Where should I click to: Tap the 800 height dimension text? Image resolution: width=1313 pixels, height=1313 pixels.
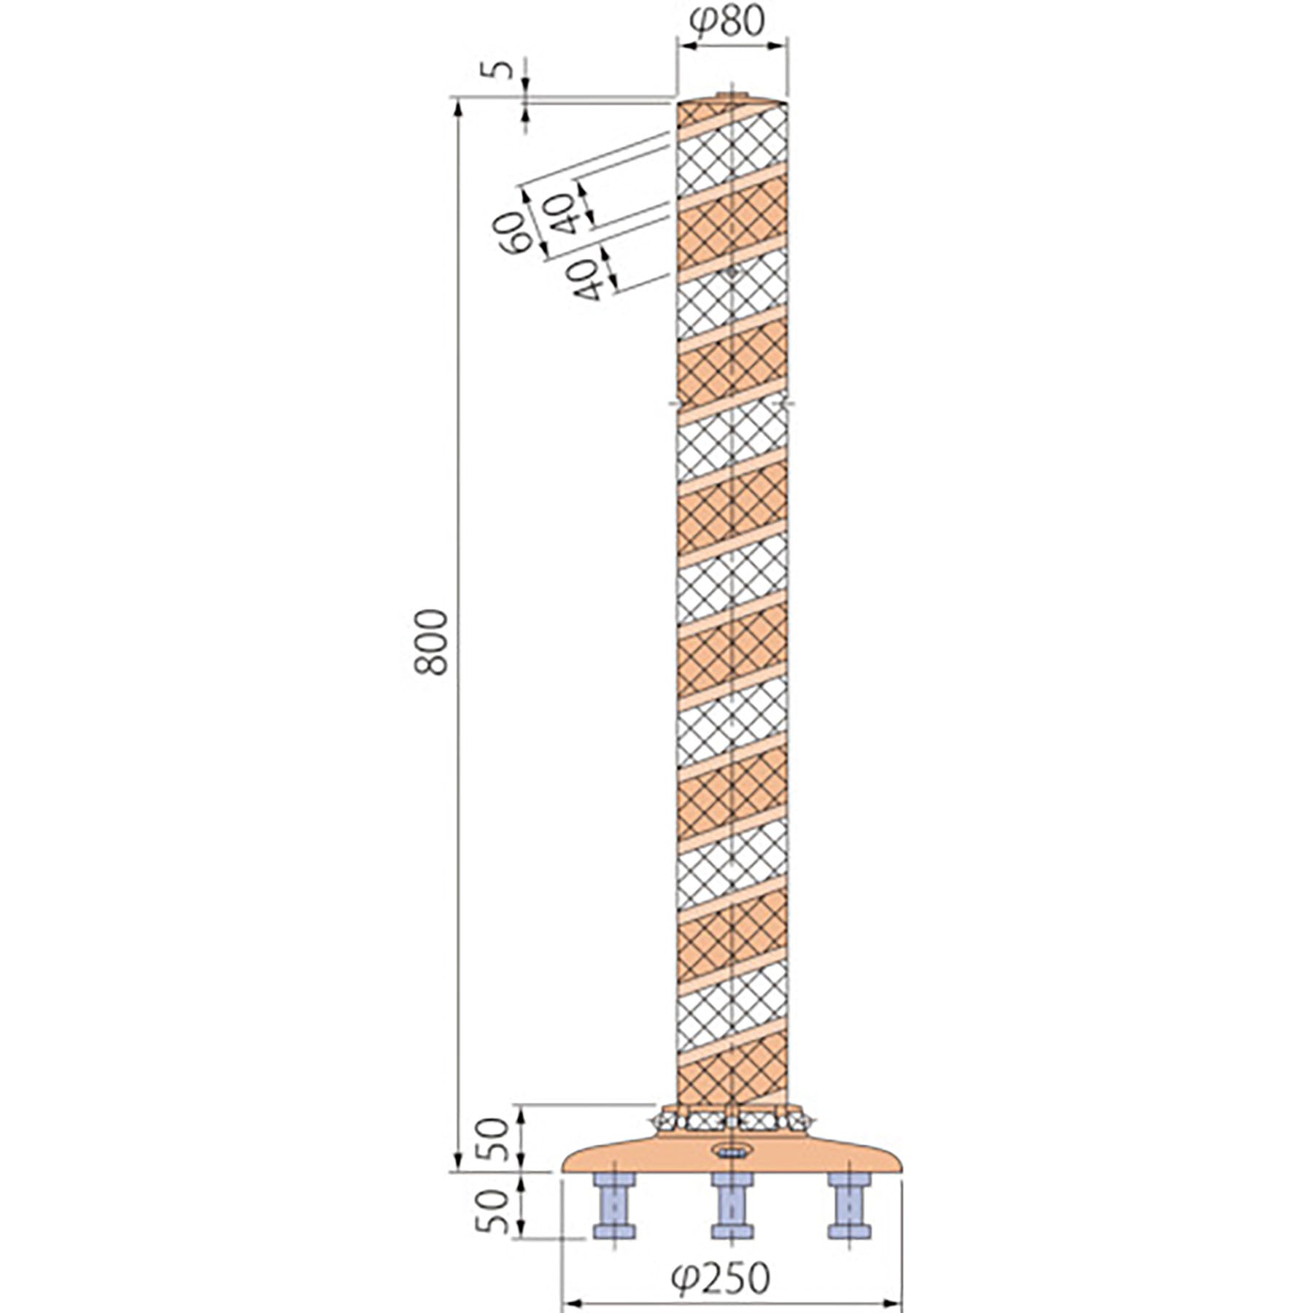click(x=432, y=642)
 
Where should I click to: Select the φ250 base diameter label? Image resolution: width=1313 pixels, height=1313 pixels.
click(x=721, y=1275)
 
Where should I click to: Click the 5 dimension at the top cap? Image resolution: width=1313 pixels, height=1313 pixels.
click(x=501, y=71)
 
